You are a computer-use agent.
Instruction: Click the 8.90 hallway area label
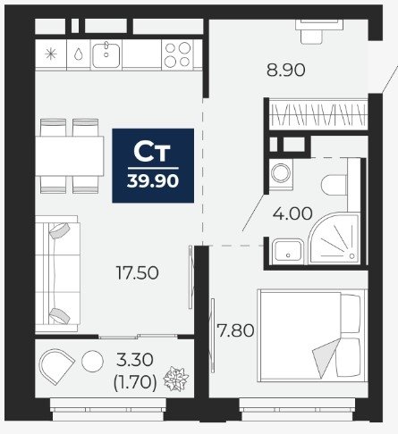pyautogui.click(x=285, y=71)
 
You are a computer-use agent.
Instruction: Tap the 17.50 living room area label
pyautogui.click(x=137, y=272)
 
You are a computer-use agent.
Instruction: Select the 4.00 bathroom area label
pyautogui.click(x=292, y=213)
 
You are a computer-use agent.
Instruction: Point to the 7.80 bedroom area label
pyautogui.click(x=235, y=330)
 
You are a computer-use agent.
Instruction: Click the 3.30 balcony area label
pyautogui.click(x=135, y=360)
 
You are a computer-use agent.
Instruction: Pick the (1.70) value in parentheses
pyautogui.click(x=135, y=382)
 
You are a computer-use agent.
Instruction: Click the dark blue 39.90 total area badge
pyautogui.click(x=153, y=165)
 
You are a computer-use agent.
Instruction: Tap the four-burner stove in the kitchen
pyautogui.click(x=178, y=54)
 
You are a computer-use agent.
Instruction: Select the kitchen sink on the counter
pyautogui.click(x=106, y=55)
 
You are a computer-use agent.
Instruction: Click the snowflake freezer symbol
pyautogui.click(x=51, y=54)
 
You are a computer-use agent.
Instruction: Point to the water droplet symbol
pyautogui.click(x=78, y=54)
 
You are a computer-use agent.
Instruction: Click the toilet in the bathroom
pyautogui.click(x=334, y=185)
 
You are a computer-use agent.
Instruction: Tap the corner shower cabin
pyautogui.click(x=334, y=238)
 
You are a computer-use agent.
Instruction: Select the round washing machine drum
pyautogui.click(x=281, y=173)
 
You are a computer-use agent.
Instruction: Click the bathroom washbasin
pyautogui.click(x=288, y=251)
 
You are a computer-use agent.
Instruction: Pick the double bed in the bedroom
pyautogui.click(x=312, y=335)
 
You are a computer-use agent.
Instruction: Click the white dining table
pyautogui.click(x=70, y=156)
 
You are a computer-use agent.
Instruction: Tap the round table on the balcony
pyautogui.click(x=92, y=361)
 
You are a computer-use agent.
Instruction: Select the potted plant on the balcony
pyautogui.click(x=176, y=379)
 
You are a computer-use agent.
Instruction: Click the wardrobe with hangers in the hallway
pyautogui.click(x=318, y=115)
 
